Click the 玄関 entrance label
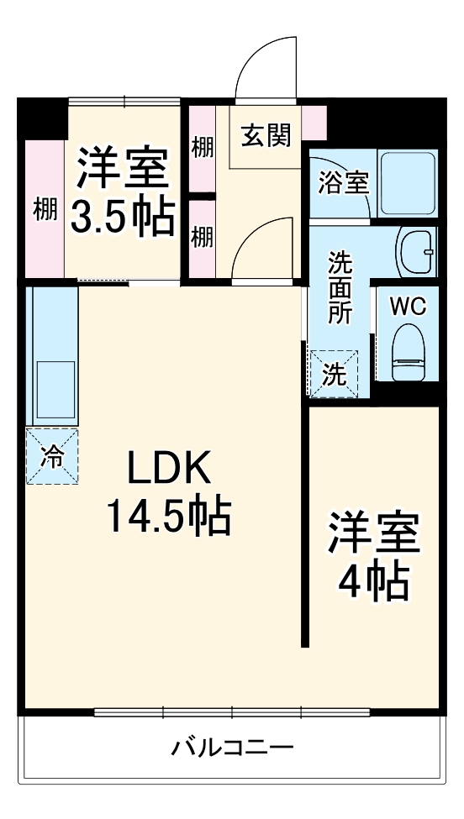266,136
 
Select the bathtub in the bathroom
407,182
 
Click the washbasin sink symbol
415,251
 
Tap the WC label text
408,307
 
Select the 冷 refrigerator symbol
52,456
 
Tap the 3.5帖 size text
123,216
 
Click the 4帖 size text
373,579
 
